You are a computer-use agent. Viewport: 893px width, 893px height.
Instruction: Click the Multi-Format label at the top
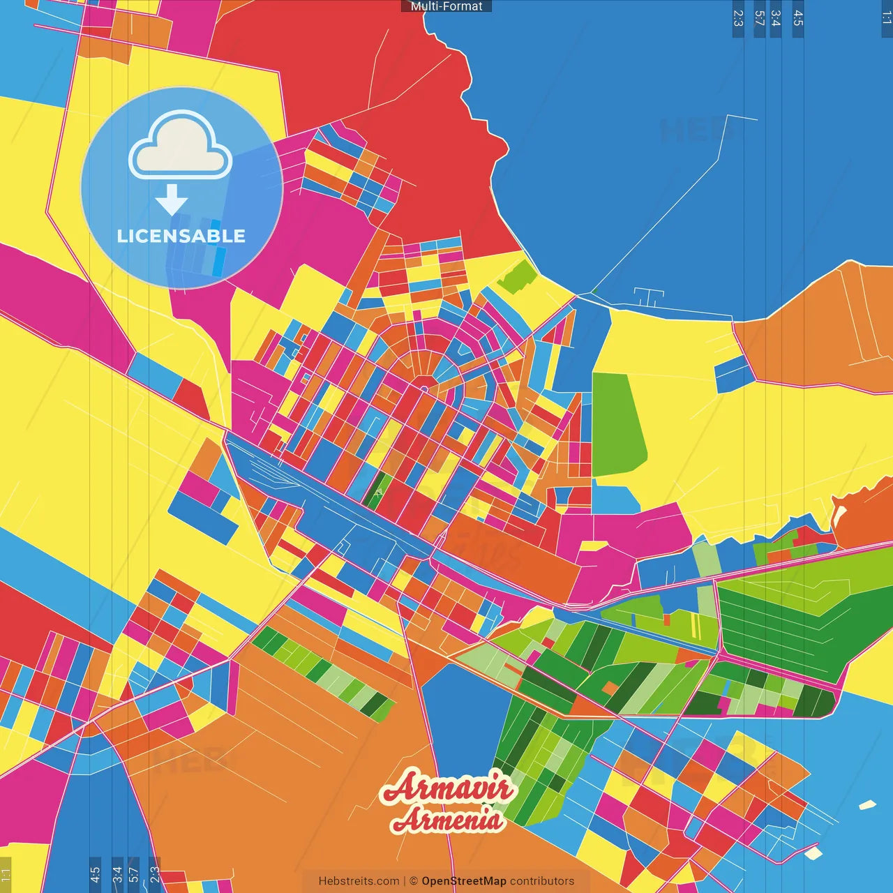click(x=446, y=6)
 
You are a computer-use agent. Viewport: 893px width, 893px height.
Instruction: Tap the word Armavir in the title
click(x=449, y=788)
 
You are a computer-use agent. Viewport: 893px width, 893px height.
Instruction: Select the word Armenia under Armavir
click(x=447, y=819)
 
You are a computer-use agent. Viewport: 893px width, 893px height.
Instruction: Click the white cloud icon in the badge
click(x=181, y=146)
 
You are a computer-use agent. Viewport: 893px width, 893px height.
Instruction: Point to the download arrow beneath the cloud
click(x=172, y=200)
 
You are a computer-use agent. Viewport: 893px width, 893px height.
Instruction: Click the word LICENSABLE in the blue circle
click(x=181, y=236)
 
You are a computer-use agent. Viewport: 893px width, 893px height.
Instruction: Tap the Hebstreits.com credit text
click(x=359, y=881)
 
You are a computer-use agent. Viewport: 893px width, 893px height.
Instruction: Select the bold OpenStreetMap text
click(x=464, y=881)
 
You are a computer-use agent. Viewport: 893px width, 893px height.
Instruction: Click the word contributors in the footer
click(x=542, y=881)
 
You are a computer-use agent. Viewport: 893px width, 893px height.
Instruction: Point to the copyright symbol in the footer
click(x=414, y=881)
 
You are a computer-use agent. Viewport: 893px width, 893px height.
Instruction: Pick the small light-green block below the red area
click(x=518, y=277)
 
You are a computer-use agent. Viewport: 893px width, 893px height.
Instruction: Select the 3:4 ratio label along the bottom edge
click(x=117, y=874)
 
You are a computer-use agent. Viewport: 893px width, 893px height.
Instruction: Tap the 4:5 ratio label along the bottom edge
click(x=95, y=874)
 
